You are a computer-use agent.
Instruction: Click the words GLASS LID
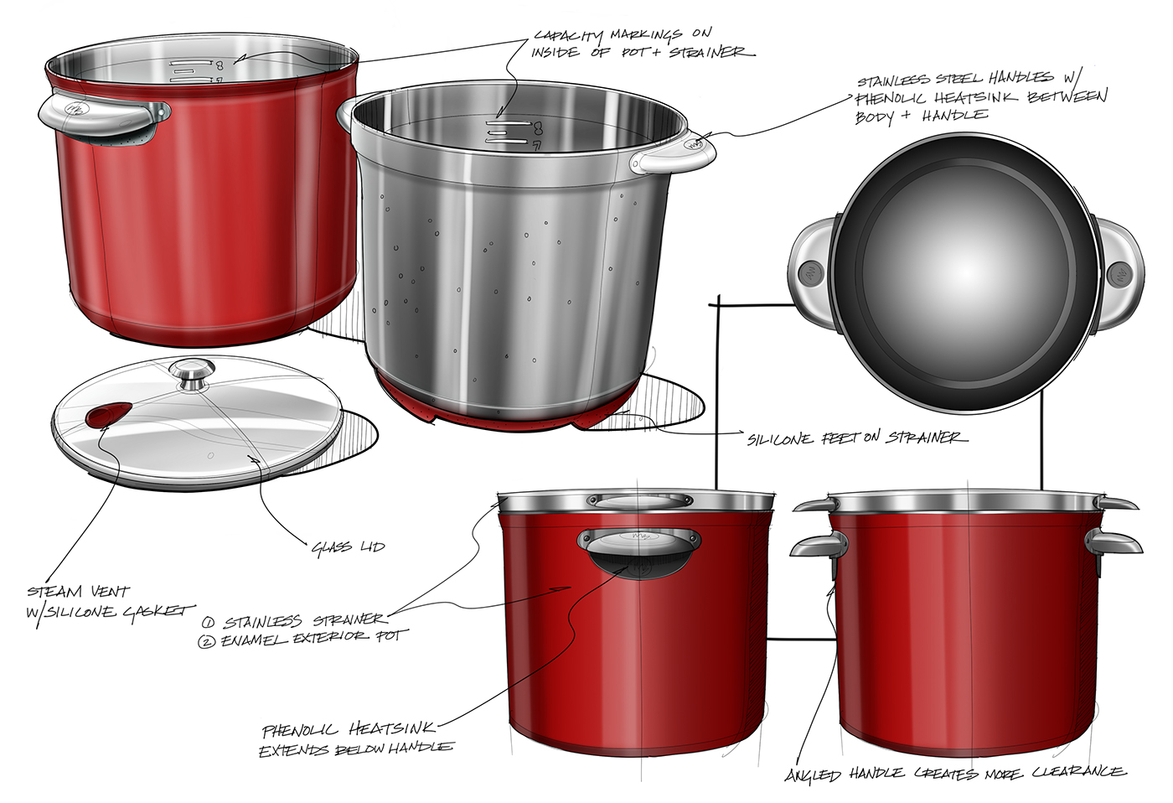(x=348, y=547)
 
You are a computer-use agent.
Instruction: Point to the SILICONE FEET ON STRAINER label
(x=856, y=438)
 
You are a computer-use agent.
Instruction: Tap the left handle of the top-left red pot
(x=101, y=115)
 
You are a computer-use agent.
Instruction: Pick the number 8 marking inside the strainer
(x=537, y=128)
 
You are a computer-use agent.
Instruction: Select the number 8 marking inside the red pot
(x=219, y=65)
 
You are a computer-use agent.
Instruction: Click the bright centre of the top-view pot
(x=965, y=272)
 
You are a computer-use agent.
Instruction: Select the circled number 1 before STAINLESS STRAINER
(x=208, y=623)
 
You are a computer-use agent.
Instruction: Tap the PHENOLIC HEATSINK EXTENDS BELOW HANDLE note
(x=356, y=739)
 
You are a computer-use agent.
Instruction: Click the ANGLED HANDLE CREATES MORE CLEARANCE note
(x=955, y=773)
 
